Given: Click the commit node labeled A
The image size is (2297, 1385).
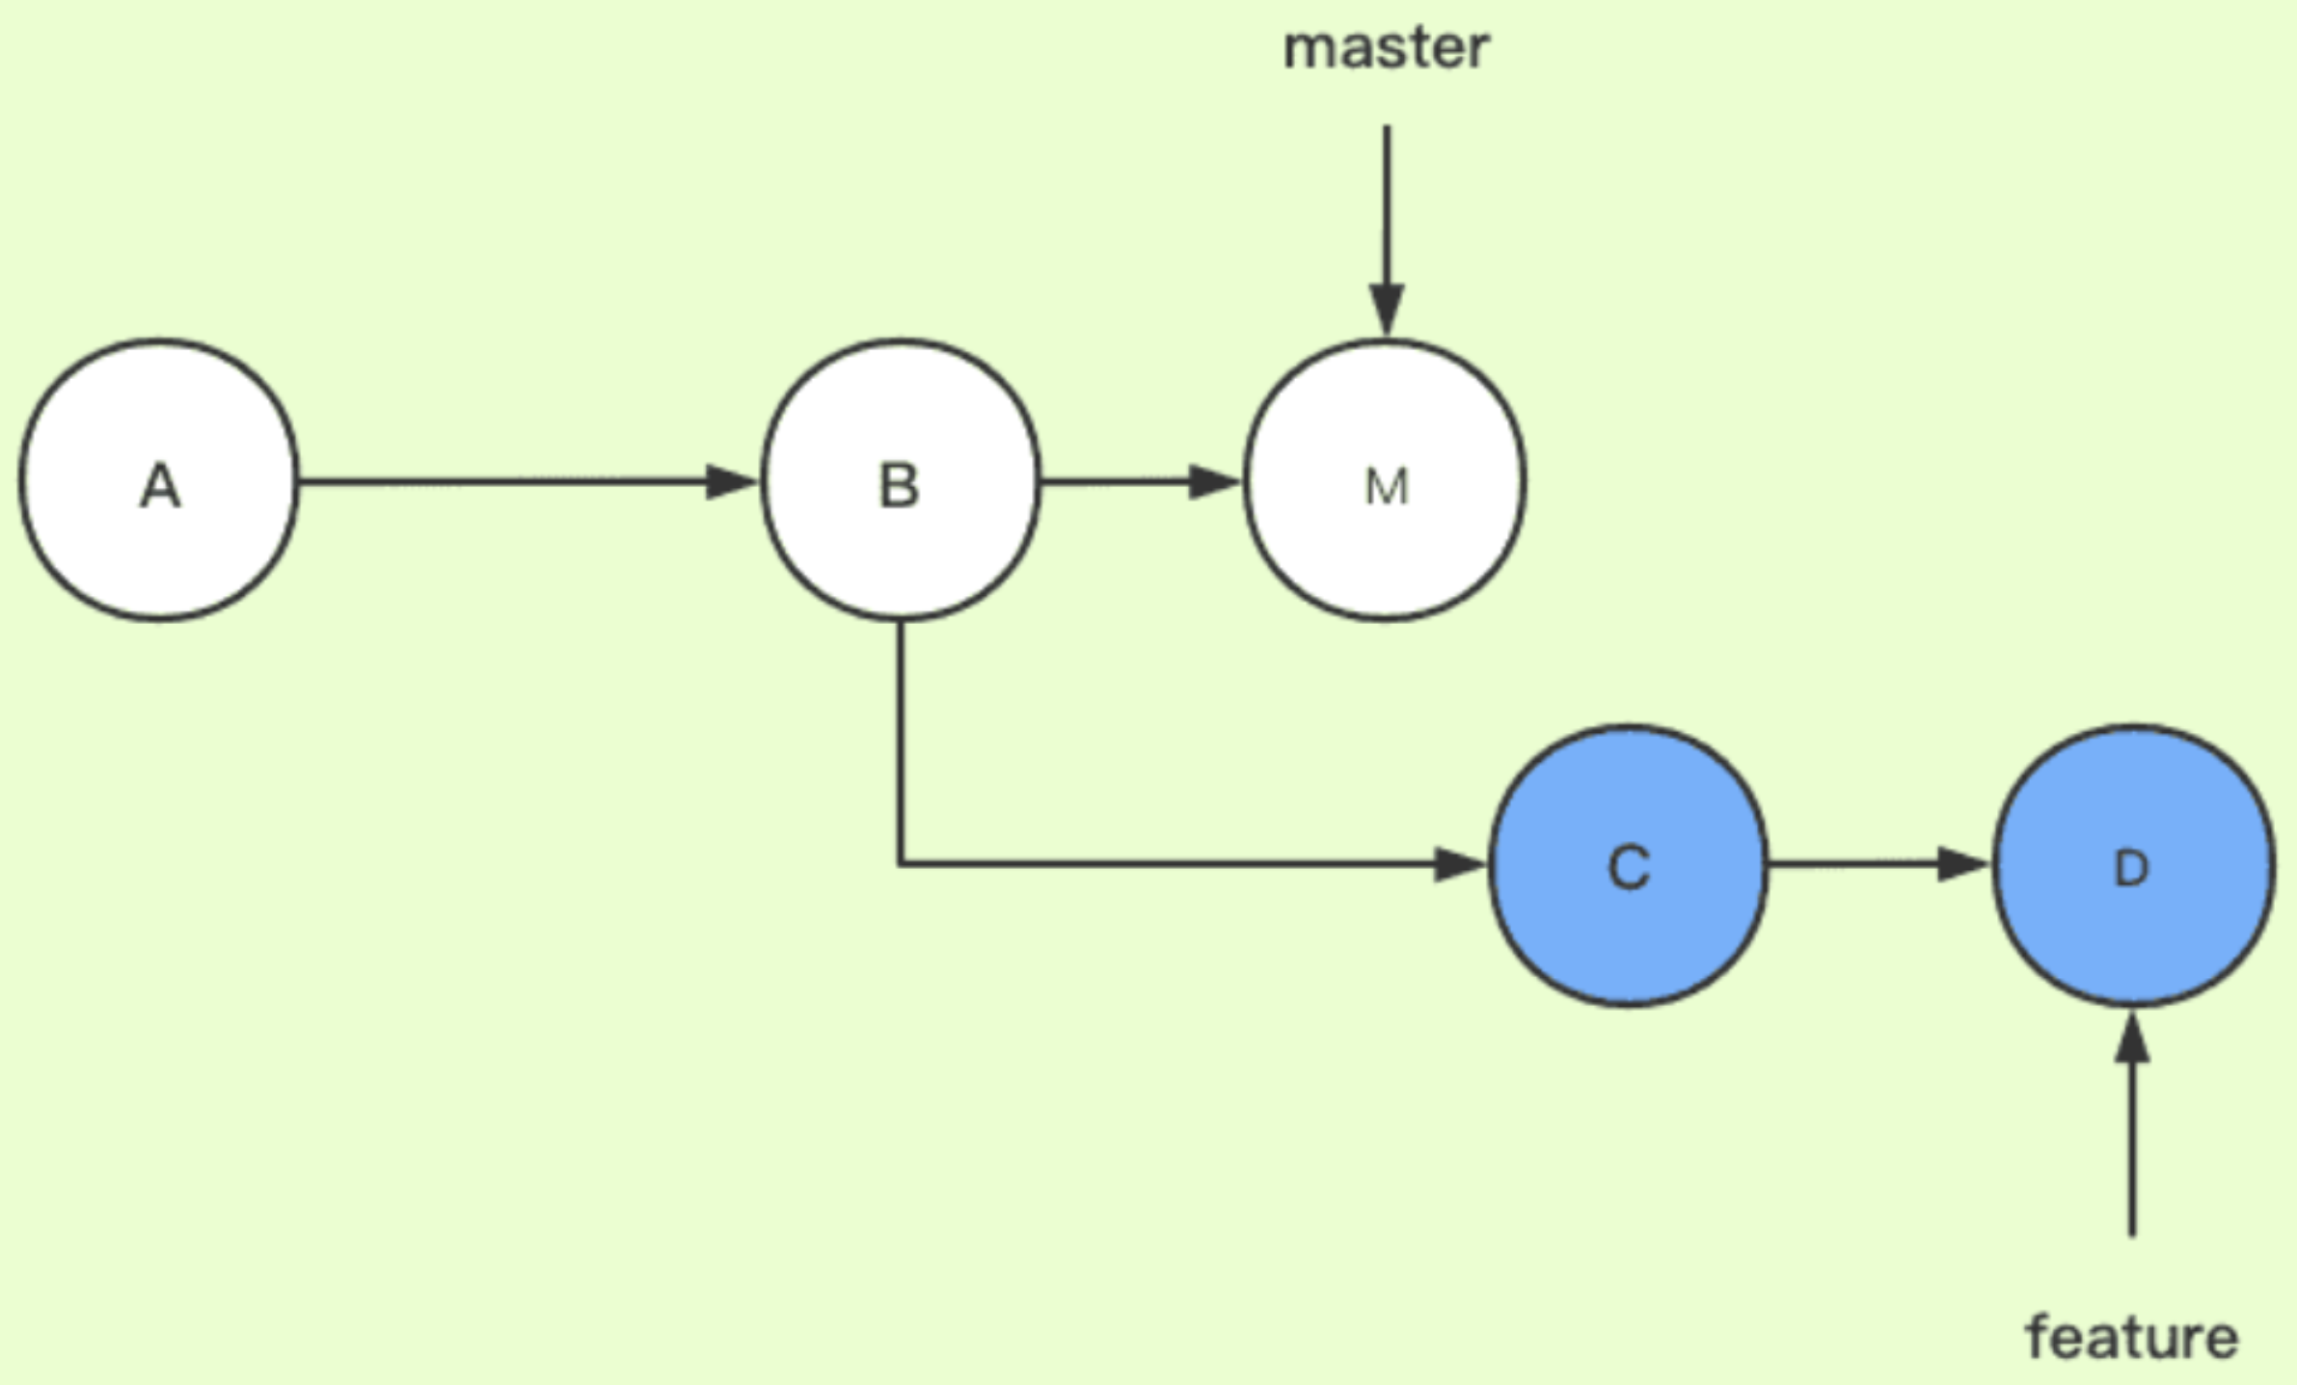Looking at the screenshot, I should tap(159, 479).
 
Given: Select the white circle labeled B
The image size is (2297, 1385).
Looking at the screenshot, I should tap(900, 479).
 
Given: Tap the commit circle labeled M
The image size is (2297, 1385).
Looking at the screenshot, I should tap(1386, 479).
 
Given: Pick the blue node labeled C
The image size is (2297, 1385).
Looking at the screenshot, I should tap(1629, 865).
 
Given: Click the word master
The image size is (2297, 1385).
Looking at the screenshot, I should tap(1386, 48).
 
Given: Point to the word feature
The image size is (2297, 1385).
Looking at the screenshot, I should tap(2132, 1338).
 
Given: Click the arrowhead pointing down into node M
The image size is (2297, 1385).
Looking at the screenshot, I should tap(1387, 310).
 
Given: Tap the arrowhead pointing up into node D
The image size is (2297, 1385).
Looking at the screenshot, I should tap(2132, 1039).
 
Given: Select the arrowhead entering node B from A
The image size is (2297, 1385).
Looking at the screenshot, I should tap(731, 481).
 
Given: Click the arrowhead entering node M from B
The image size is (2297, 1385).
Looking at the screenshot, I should tap(1214, 481).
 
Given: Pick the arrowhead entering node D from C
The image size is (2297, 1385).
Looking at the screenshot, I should tap(1963, 864).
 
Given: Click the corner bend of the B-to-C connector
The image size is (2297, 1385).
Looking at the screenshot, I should tap(901, 863).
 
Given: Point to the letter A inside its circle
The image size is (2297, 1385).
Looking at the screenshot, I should tap(160, 486).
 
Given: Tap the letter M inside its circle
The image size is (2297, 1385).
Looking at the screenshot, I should tap(1387, 487).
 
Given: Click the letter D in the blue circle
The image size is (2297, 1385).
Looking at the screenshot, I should tap(2131, 870).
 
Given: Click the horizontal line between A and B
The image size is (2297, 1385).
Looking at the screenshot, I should tap(501, 481).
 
